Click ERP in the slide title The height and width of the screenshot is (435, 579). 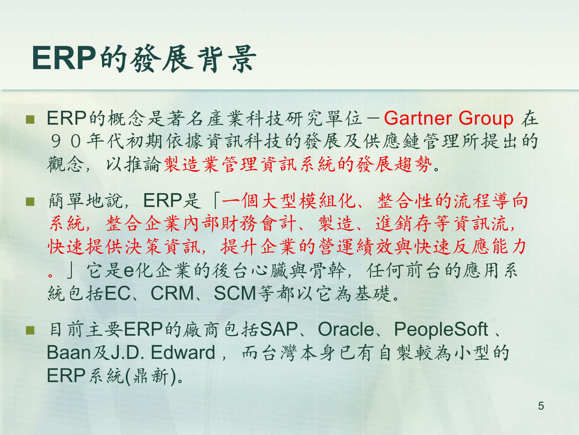(64, 58)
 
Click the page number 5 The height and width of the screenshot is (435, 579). (541, 406)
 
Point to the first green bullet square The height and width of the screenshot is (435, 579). (30, 120)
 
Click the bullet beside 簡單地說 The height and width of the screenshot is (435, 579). (30, 201)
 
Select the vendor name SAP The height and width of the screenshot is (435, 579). (279, 329)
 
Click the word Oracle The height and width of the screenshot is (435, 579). (346, 329)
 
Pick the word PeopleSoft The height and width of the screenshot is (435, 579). (441, 329)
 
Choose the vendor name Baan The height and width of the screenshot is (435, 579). (69, 353)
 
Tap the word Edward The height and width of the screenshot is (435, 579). (183, 352)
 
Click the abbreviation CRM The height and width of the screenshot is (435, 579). (172, 293)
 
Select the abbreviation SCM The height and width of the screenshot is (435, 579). (235, 293)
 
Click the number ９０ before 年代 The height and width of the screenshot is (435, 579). (66, 141)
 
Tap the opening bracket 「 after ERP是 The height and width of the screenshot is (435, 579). (215, 201)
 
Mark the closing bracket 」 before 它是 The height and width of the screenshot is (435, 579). (71, 270)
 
